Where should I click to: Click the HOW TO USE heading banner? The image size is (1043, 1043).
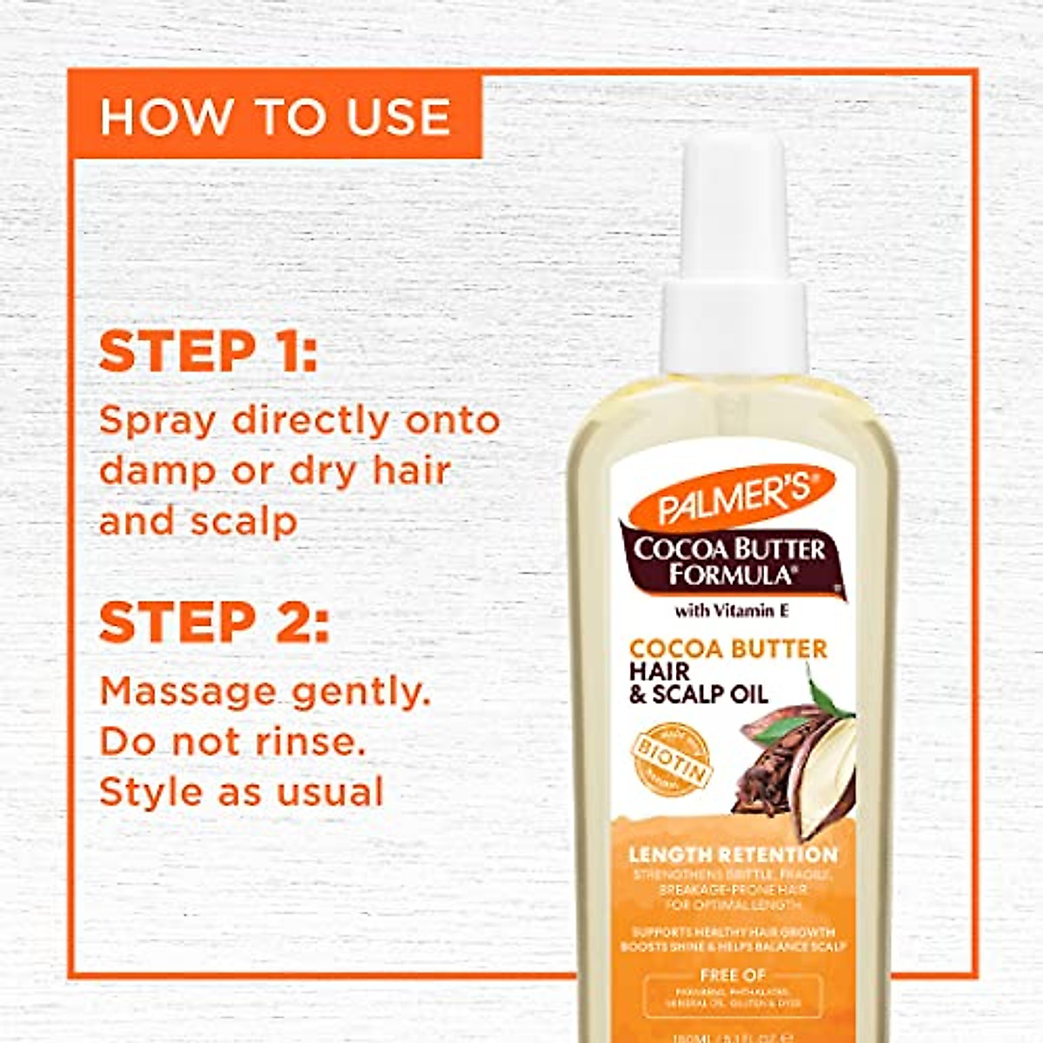point(275,116)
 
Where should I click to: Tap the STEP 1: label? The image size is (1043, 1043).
point(209,352)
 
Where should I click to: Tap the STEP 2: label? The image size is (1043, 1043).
point(214,623)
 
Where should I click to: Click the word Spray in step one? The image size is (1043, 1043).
point(157,422)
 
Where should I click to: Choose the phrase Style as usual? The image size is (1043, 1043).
point(242,793)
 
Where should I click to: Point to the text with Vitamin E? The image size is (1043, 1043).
point(732,611)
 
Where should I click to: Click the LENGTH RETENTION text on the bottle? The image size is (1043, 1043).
point(732,855)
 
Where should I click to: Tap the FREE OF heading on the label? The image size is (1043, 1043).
point(732,975)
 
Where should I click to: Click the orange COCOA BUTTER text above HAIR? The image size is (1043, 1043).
point(727,649)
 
